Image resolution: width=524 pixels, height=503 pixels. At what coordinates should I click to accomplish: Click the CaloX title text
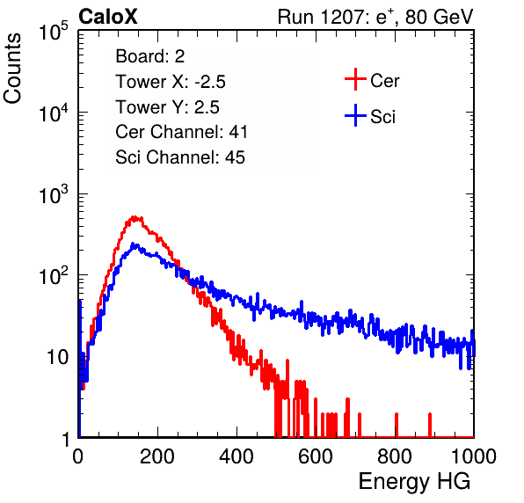point(108,17)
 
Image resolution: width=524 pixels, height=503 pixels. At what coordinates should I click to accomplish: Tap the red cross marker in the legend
point(355,79)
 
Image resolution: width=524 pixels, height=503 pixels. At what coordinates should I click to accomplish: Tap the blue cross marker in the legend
point(355,115)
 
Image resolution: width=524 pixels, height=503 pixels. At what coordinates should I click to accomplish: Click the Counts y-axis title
point(12,69)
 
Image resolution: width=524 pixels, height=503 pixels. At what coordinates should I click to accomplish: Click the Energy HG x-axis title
point(415,482)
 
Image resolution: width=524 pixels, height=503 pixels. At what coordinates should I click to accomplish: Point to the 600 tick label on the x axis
point(316,456)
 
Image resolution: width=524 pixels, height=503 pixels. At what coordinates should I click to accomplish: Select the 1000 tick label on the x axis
point(474,456)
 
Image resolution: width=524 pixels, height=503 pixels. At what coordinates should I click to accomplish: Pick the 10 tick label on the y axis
point(57,357)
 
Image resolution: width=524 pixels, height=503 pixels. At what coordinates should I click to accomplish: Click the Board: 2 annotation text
point(150,56)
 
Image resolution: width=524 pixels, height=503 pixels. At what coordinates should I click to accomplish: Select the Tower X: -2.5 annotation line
point(171,82)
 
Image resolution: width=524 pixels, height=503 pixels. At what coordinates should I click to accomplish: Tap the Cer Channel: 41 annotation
point(181,132)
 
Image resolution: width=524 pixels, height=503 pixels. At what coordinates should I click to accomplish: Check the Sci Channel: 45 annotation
point(180,157)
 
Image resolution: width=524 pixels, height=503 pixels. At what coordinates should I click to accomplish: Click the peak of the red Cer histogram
point(135,217)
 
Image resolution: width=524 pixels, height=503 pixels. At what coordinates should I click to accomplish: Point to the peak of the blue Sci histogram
point(133,244)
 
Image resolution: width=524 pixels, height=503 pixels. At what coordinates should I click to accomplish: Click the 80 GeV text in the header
point(439,17)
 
